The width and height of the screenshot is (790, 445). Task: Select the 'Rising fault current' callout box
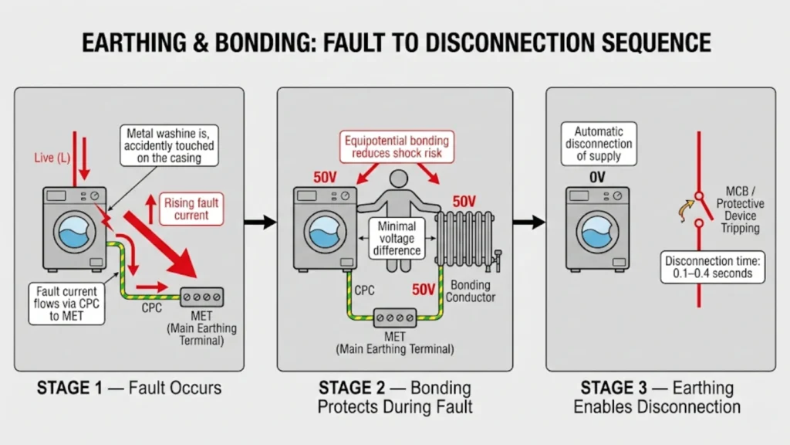(x=191, y=209)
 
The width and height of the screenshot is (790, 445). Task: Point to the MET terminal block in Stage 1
(x=201, y=297)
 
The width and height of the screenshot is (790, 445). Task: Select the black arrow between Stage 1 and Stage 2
(x=260, y=222)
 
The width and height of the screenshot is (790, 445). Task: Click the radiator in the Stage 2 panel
(x=465, y=239)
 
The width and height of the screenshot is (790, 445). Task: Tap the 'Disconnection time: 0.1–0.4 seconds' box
(x=714, y=267)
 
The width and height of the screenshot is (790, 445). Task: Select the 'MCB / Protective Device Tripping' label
(x=741, y=209)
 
